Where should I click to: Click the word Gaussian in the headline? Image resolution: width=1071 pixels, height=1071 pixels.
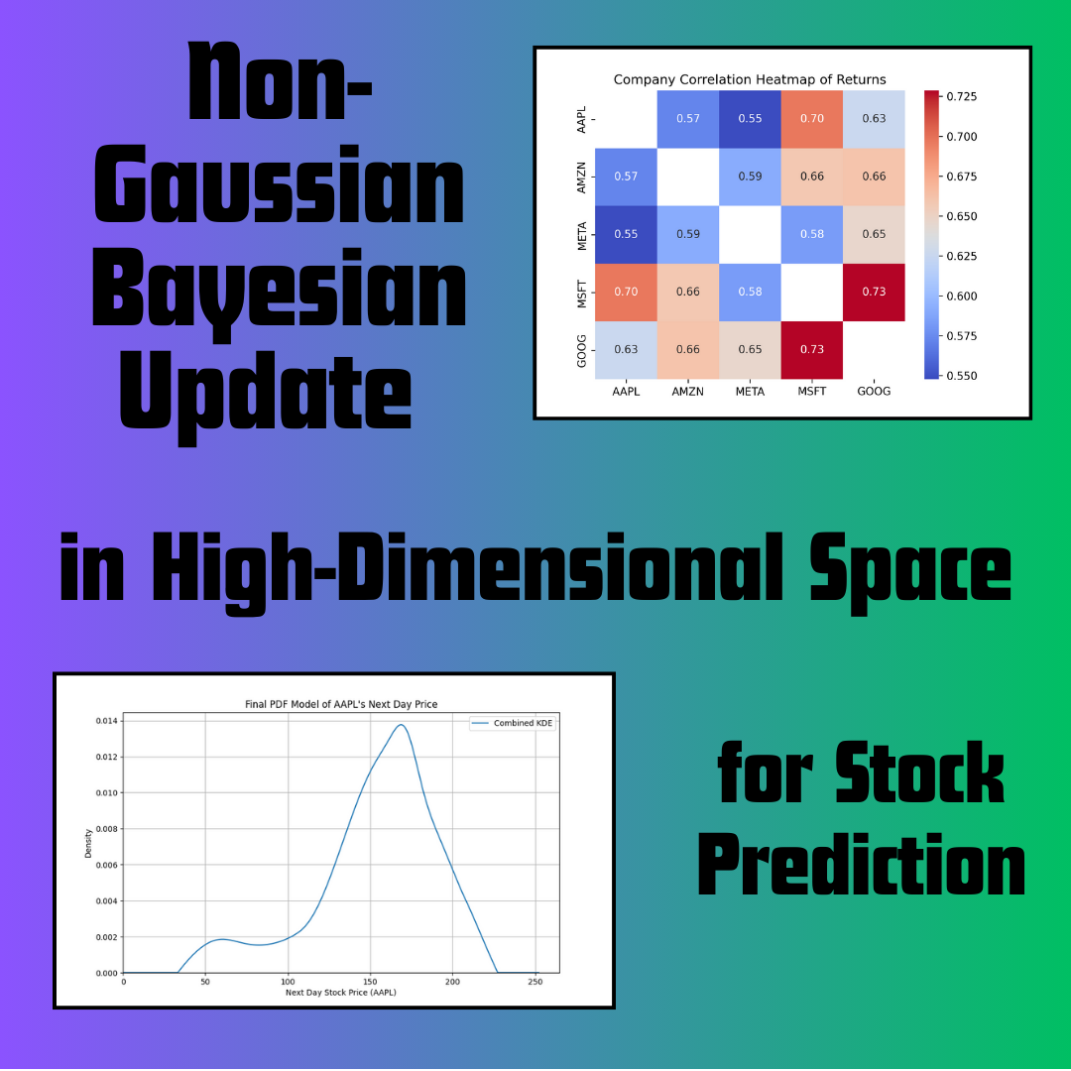click(x=279, y=183)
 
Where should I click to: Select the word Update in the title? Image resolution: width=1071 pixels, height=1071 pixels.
click(x=266, y=396)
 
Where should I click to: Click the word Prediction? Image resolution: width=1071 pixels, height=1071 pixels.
click(x=862, y=865)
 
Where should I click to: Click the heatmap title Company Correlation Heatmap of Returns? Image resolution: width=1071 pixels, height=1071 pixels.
click(x=750, y=79)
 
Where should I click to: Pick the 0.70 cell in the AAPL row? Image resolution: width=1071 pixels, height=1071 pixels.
click(x=812, y=118)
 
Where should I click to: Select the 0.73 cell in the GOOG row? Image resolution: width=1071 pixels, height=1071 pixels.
click(x=812, y=349)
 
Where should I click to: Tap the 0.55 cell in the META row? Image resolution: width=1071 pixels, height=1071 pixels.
click(x=626, y=234)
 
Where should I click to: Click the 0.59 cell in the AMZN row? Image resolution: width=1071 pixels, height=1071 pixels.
click(x=750, y=177)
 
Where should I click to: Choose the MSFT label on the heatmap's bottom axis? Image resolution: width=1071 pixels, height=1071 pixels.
click(x=812, y=392)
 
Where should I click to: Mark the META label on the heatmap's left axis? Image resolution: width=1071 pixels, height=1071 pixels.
click(x=582, y=234)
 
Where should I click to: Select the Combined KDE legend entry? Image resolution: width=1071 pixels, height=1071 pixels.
click(x=513, y=723)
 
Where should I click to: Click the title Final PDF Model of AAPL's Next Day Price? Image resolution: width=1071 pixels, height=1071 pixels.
click(x=341, y=704)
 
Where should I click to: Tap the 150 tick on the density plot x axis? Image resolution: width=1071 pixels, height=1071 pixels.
click(x=370, y=982)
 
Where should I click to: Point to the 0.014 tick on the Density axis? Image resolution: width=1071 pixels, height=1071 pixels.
click(x=106, y=721)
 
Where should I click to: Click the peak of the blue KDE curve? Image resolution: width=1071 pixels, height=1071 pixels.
click(x=401, y=725)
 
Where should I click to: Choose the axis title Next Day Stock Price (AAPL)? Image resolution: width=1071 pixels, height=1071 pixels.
click(x=341, y=993)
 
